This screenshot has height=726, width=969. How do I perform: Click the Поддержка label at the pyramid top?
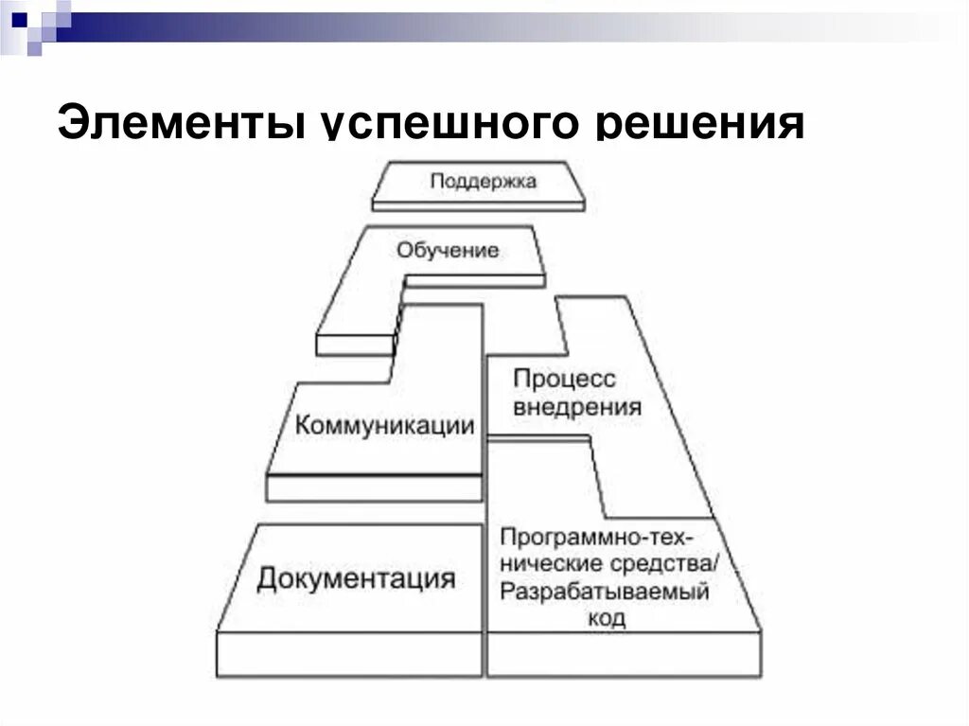[483, 181]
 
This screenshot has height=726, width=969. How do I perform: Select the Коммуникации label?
[384, 425]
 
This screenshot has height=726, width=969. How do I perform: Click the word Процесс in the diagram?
[564, 379]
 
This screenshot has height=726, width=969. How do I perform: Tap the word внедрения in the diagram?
[576, 408]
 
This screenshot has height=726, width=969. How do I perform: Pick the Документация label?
[355, 577]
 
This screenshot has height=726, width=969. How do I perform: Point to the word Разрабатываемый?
[604, 593]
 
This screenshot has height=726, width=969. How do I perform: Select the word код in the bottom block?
[606, 619]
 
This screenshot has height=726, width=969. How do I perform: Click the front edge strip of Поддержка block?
[479, 204]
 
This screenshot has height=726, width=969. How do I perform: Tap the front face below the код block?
[625, 654]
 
